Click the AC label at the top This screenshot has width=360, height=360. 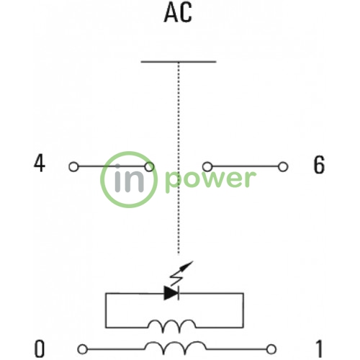(x=178, y=13)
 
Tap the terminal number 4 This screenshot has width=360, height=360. (x=40, y=163)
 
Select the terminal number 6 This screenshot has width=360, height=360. (x=319, y=165)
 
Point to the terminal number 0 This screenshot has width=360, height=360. (x=40, y=348)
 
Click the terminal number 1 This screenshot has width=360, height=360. (x=319, y=349)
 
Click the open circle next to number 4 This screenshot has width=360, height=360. (x=73, y=166)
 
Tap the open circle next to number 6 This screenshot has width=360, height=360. (x=283, y=166)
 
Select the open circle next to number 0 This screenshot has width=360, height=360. (x=82, y=349)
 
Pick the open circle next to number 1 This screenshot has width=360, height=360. (x=271, y=349)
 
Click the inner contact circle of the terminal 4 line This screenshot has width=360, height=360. (x=149, y=166)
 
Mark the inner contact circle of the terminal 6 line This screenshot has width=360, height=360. (x=207, y=166)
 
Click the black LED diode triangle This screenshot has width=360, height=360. (x=171, y=293)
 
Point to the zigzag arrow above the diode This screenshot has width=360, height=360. (x=181, y=273)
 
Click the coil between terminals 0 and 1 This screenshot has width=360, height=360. (x=175, y=348)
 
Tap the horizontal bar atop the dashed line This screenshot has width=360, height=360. (x=179, y=62)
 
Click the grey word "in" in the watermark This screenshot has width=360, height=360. (x=130, y=178)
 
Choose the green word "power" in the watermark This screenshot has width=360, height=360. (x=210, y=179)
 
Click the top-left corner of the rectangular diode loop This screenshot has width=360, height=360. (x=106, y=293)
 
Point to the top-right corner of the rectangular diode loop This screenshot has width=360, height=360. (x=243, y=293)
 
